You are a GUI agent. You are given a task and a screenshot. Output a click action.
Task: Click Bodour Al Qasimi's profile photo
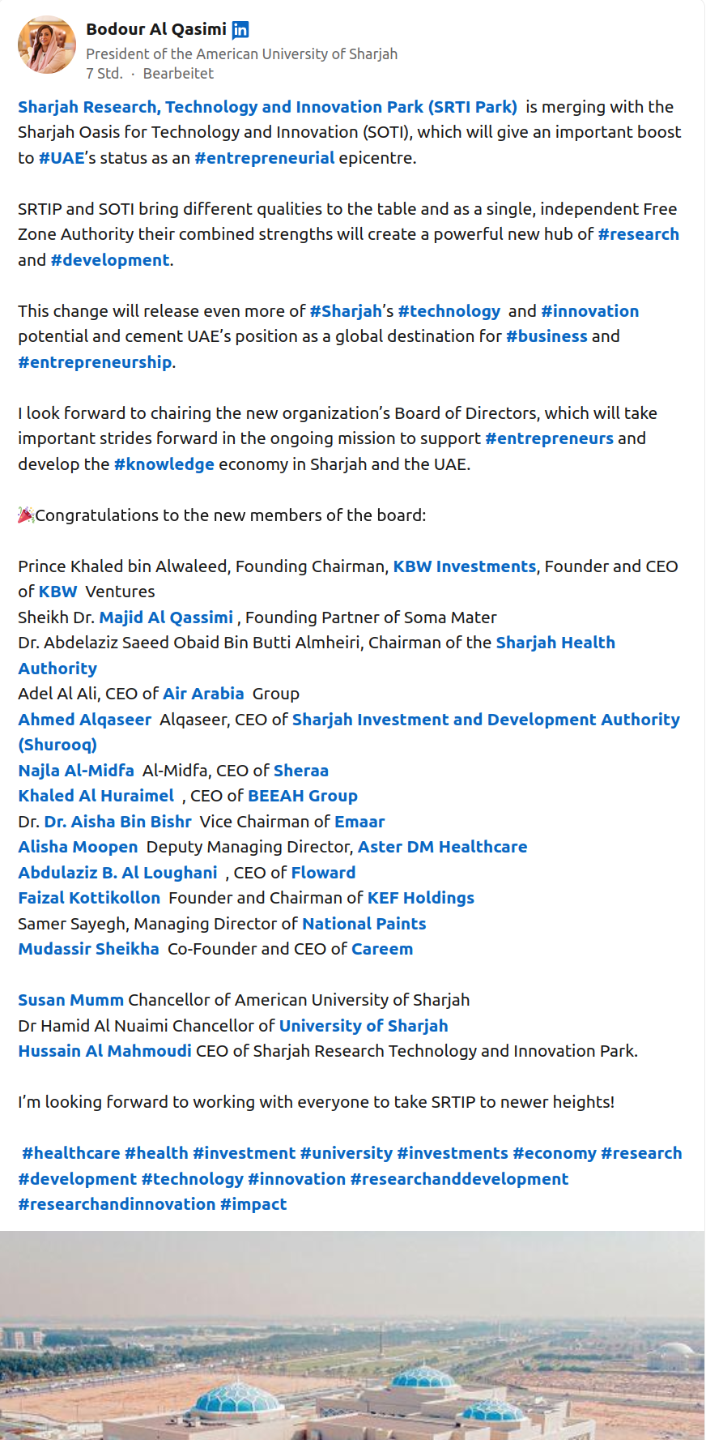pyautogui.click(x=47, y=45)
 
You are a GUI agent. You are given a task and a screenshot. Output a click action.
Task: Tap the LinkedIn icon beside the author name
pyautogui.click(x=240, y=30)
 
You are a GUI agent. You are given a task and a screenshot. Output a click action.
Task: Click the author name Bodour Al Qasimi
pyautogui.click(x=156, y=29)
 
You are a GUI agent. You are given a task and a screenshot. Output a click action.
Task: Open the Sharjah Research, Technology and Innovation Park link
pyautogui.click(x=267, y=107)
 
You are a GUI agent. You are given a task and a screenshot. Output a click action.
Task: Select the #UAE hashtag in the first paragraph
pyautogui.click(x=62, y=158)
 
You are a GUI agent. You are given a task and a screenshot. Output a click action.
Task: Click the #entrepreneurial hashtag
pyautogui.click(x=264, y=158)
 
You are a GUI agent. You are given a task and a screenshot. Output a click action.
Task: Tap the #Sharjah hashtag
pyautogui.click(x=346, y=311)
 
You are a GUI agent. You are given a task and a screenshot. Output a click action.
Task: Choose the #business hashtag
pyautogui.click(x=547, y=336)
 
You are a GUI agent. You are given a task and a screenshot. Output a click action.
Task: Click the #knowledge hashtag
pyautogui.click(x=164, y=464)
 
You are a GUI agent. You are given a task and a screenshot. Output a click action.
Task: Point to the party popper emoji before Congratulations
pyautogui.click(x=26, y=515)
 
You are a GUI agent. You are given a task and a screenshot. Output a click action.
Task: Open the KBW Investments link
pyautogui.click(x=465, y=566)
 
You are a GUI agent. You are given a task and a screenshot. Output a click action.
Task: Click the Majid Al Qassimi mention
pyautogui.click(x=166, y=617)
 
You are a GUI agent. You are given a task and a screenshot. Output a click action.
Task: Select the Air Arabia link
pyautogui.click(x=203, y=694)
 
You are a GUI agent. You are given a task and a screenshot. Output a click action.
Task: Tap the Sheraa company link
pyautogui.click(x=301, y=771)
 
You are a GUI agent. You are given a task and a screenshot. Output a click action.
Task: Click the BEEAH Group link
pyautogui.click(x=303, y=796)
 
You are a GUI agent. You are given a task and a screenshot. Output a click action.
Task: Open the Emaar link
pyautogui.click(x=359, y=822)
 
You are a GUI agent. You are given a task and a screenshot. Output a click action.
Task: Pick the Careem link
pyautogui.click(x=382, y=949)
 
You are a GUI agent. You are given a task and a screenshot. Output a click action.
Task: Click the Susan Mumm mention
pyautogui.click(x=71, y=1000)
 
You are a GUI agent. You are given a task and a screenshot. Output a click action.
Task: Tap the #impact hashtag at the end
pyautogui.click(x=253, y=1204)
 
